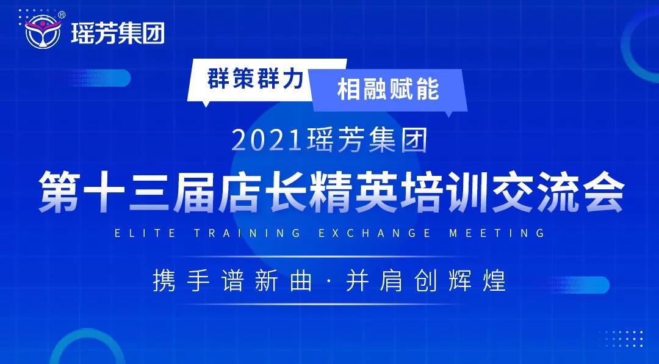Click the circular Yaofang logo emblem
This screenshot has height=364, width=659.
click(x=43, y=31)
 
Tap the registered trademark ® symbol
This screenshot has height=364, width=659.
click(x=62, y=15)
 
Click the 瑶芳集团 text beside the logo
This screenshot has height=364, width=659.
click(x=118, y=33)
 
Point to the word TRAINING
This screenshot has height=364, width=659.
click(x=248, y=233)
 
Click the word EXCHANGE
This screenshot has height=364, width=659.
click(x=375, y=233)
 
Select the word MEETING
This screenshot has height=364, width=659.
click(x=497, y=233)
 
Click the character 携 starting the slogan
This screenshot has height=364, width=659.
click(x=164, y=281)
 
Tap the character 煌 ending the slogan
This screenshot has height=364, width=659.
click(x=494, y=281)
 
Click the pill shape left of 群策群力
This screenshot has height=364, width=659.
click(x=101, y=78)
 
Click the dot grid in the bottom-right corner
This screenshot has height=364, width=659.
click(x=621, y=339)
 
